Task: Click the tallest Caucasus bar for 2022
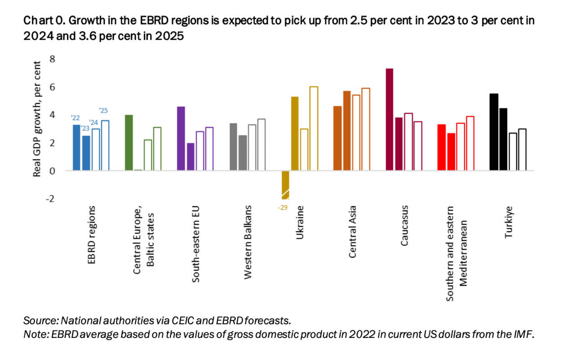pos(389,120)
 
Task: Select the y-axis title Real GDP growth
pos(38,119)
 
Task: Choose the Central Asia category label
pos(352,232)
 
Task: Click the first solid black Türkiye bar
pos(494,132)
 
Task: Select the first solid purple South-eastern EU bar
pos(181,138)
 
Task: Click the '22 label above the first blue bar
pos(75,118)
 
